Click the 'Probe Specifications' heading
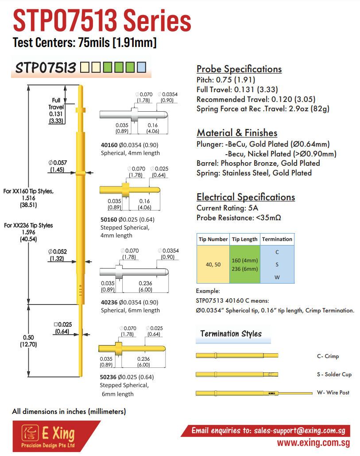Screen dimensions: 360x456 [x=239, y=69]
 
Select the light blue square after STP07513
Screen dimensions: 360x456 [x=142, y=67]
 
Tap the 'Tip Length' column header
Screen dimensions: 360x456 [x=244, y=239]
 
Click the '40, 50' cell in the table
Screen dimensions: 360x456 [x=213, y=265]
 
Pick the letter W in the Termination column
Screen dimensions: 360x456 [x=277, y=277]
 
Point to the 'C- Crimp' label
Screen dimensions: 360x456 [x=328, y=356]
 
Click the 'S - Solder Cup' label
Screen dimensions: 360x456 [x=334, y=374]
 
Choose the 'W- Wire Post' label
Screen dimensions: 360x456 [x=333, y=392]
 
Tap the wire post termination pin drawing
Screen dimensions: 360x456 [x=254, y=393]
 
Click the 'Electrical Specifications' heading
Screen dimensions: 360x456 [x=246, y=197]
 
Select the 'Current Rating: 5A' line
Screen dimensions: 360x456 [x=227, y=208]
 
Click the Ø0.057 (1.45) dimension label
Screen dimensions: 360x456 [x=58, y=166]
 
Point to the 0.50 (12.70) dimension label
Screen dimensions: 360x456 [x=28, y=341]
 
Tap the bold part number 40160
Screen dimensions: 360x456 [x=109, y=145]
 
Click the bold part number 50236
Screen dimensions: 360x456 [x=108, y=377]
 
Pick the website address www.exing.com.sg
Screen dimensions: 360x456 [x=313, y=443]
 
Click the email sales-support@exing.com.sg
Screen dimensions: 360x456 [x=300, y=430]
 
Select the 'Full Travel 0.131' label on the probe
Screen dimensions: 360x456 [x=56, y=110]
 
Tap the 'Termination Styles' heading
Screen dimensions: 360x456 [x=231, y=334]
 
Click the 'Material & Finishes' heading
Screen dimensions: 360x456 [x=237, y=133]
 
